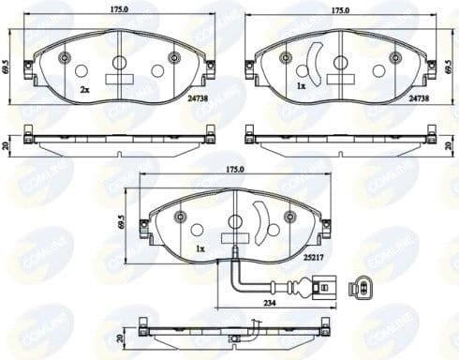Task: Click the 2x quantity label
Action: point(84,89)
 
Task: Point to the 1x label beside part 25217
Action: point(200,250)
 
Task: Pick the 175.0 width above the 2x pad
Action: point(118,10)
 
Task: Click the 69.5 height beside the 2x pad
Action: point(9,69)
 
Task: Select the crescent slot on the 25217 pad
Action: point(265,225)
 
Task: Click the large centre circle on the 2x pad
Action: point(119,66)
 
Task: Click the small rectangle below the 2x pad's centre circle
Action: point(119,82)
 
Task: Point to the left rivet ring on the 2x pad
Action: point(65,58)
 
